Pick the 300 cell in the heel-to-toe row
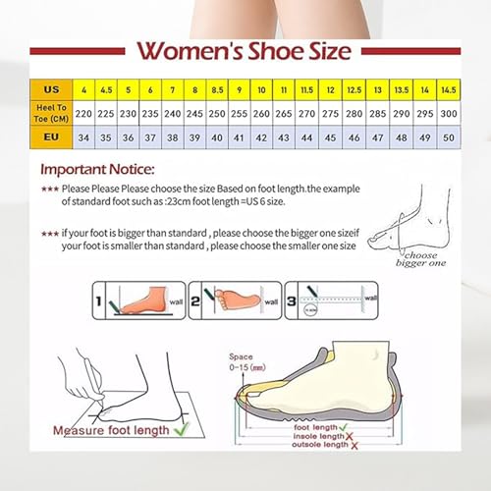click(x=448, y=113)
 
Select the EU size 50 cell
click(x=448, y=137)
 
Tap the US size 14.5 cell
click(x=448, y=89)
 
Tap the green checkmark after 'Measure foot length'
click(x=182, y=428)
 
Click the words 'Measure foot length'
click(x=112, y=429)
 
